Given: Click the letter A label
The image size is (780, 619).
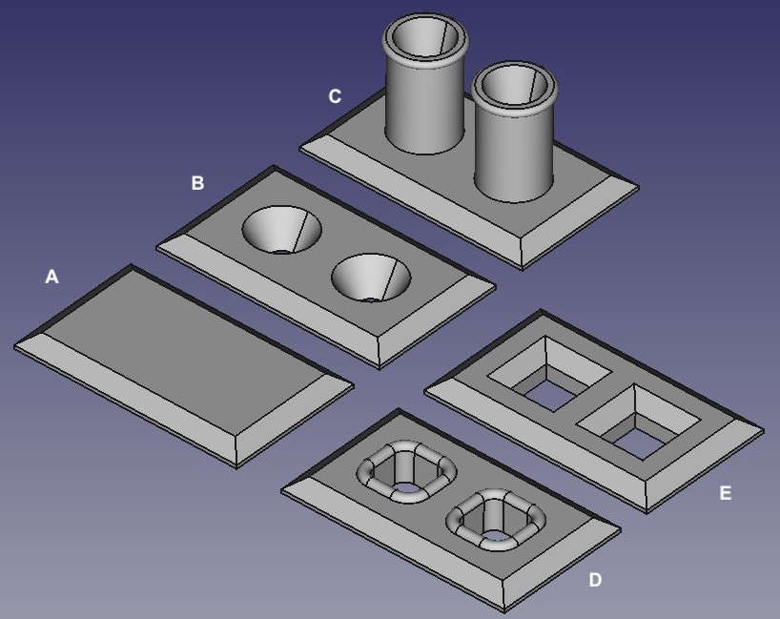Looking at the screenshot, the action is [x=51, y=277].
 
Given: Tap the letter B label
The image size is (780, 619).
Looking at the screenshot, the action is [x=197, y=183].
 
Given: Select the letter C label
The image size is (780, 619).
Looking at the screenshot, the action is [x=335, y=96].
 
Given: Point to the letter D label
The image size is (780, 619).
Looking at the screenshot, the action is [x=595, y=580].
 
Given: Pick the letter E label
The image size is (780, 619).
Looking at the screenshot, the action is [x=726, y=493].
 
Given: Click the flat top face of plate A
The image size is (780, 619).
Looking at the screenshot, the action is [x=185, y=347].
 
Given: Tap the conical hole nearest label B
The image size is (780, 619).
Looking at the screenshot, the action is [x=281, y=230].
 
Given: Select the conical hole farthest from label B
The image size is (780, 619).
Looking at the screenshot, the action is [x=371, y=278].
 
